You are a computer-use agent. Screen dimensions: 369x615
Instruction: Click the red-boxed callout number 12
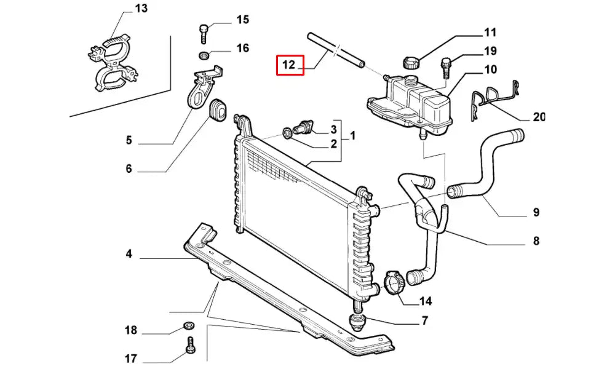click(290, 65)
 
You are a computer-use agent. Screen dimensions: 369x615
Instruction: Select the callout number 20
click(539, 117)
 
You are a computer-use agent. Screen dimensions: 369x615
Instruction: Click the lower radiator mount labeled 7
click(358, 321)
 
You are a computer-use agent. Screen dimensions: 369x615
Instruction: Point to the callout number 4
click(129, 253)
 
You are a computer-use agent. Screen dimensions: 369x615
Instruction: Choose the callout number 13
click(141, 9)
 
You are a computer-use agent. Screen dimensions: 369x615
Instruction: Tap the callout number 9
click(536, 213)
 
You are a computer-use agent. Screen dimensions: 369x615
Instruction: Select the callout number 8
click(536, 241)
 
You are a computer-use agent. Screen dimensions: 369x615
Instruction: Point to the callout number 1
click(353, 135)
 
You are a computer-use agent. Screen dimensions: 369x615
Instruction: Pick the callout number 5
click(129, 140)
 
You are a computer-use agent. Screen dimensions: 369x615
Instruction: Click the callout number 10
click(490, 69)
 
